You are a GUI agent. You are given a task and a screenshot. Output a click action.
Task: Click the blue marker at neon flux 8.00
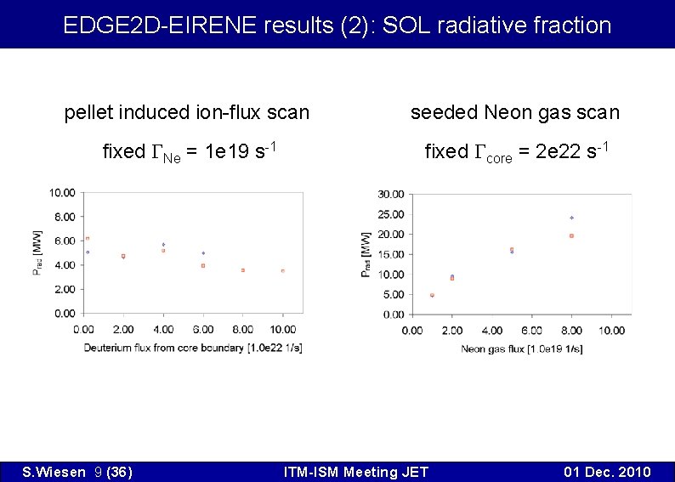click(571, 218)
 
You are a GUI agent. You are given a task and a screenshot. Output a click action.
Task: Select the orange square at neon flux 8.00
click(571, 235)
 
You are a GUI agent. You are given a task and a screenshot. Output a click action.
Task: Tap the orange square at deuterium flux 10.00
click(283, 271)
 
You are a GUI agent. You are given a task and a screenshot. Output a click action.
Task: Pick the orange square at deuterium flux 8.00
click(243, 270)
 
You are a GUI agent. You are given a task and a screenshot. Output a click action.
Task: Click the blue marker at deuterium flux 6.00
click(203, 253)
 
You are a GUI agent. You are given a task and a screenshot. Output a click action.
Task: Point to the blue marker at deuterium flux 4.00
click(163, 245)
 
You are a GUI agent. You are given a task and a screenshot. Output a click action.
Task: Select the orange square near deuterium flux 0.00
click(87, 238)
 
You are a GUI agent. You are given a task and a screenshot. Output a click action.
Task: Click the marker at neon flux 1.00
click(432, 295)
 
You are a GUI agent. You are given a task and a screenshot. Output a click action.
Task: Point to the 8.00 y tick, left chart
click(63, 217)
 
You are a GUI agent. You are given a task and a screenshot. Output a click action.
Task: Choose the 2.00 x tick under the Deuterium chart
click(123, 329)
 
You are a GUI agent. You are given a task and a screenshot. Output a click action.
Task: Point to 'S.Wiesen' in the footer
click(51, 472)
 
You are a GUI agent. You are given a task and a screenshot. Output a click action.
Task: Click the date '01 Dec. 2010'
click(608, 472)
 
